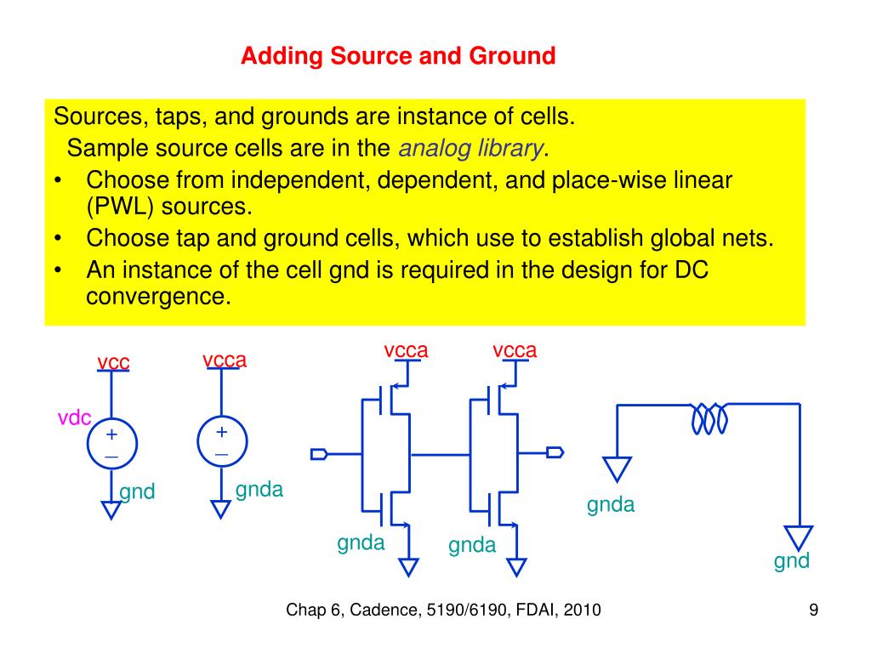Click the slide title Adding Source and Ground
pyautogui.click(x=397, y=57)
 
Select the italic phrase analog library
pyautogui.click(x=470, y=149)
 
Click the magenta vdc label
pyautogui.click(x=74, y=417)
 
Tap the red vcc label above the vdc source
pyautogui.click(x=113, y=363)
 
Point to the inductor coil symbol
pyautogui.click(x=709, y=418)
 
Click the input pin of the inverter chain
pyautogui.click(x=319, y=453)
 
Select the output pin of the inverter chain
pyautogui.click(x=555, y=452)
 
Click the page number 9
pyautogui.click(x=813, y=610)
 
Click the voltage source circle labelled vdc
pyautogui.click(x=111, y=446)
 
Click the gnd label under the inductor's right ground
pyautogui.click(x=791, y=561)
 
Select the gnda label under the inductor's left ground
pyautogui.click(x=611, y=505)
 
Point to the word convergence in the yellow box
pyautogui.click(x=158, y=298)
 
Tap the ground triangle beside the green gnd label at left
pyautogui.click(x=111, y=509)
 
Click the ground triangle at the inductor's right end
pyautogui.click(x=799, y=537)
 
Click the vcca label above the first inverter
pyautogui.click(x=406, y=350)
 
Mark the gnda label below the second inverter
pyautogui.click(x=472, y=545)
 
